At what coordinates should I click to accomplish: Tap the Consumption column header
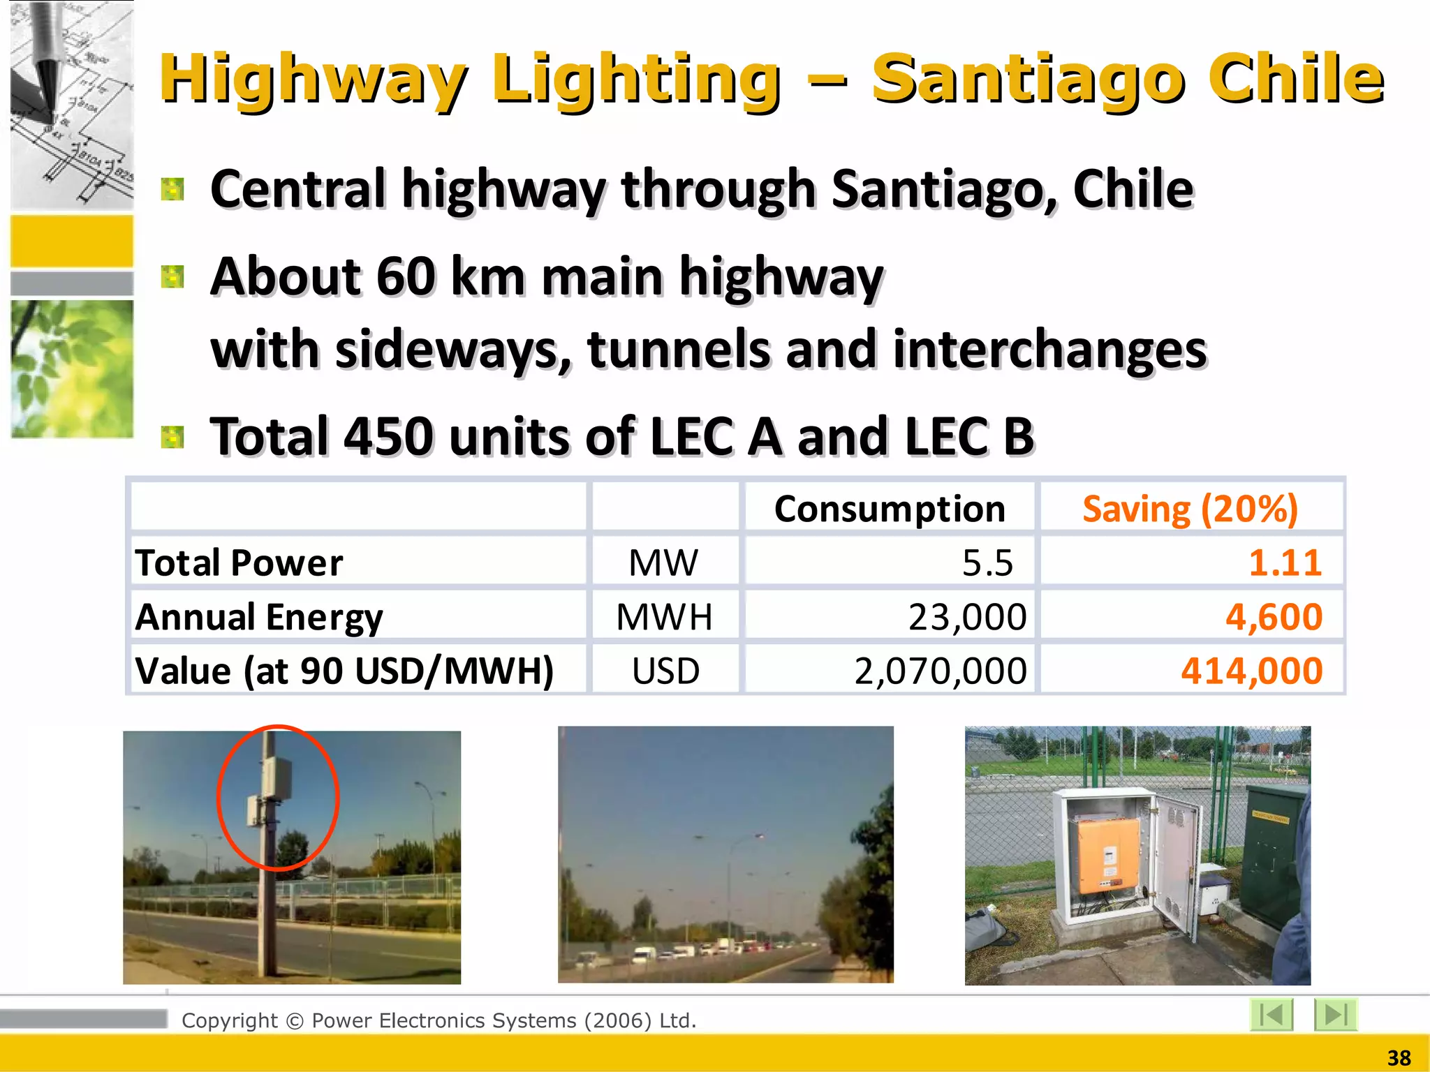(890, 509)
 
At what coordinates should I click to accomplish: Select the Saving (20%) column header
(1190, 509)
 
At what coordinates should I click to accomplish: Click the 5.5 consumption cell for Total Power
(987, 563)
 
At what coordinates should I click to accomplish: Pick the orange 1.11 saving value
(1285, 563)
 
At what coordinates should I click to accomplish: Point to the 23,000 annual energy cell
(967, 617)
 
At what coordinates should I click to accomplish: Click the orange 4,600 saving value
(1274, 617)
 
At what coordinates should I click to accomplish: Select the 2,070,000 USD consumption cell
(941, 671)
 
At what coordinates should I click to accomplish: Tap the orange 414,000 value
(1251, 671)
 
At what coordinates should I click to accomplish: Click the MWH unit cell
(664, 617)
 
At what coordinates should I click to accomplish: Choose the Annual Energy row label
(259, 617)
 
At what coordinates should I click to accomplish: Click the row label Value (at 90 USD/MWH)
(344, 671)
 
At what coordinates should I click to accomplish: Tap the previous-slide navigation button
(1271, 1014)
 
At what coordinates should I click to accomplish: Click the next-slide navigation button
(1335, 1014)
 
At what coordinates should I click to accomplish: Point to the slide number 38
(1399, 1058)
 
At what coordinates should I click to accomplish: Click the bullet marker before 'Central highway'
(172, 189)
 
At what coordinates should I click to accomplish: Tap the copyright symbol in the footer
(295, 1021)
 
